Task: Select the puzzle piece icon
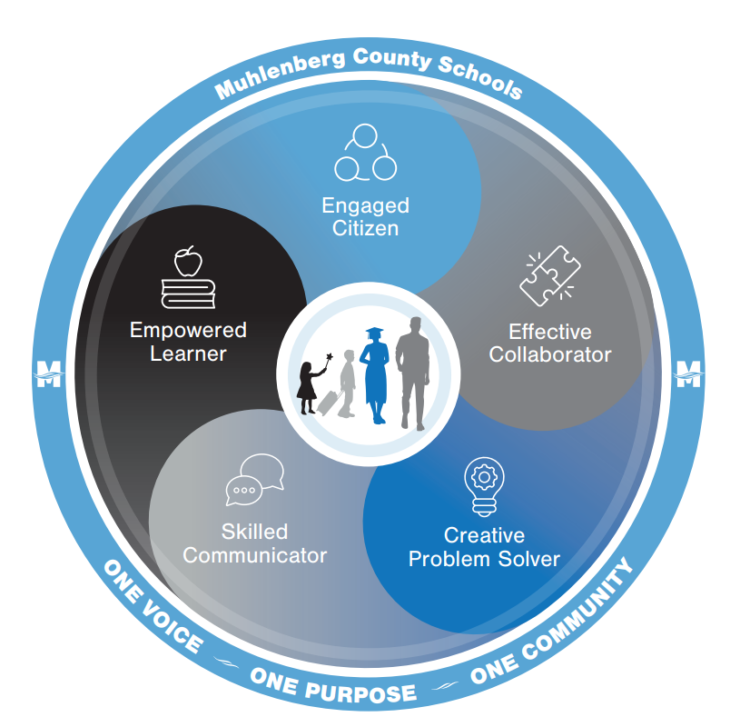(548, 276)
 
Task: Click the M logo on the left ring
(46, 373)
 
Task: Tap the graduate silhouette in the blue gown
(374, 375)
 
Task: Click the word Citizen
(365, 227)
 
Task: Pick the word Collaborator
(550, 354)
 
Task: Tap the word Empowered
(188, 329)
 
